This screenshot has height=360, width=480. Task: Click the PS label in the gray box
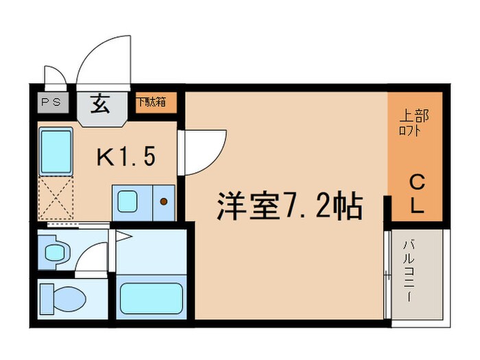pyautogui.click(x=50, y=103)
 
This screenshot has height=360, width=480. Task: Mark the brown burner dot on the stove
pyautogui.click(x=163, y=202)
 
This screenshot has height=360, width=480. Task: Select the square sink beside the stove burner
pyautogui.click(x=128, y=202)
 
